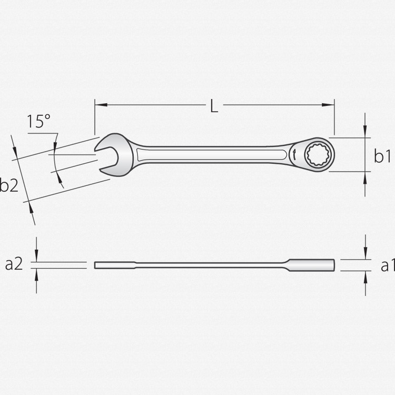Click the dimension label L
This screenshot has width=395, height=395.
(214, 106)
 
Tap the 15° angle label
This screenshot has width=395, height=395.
(38, 121)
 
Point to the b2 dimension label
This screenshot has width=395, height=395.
(9, 185)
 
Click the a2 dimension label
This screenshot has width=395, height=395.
(14, 264)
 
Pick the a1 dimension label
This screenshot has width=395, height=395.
(388, 265)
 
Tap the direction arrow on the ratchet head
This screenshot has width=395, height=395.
(294, 154)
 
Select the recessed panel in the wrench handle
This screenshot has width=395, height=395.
(212, 154)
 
